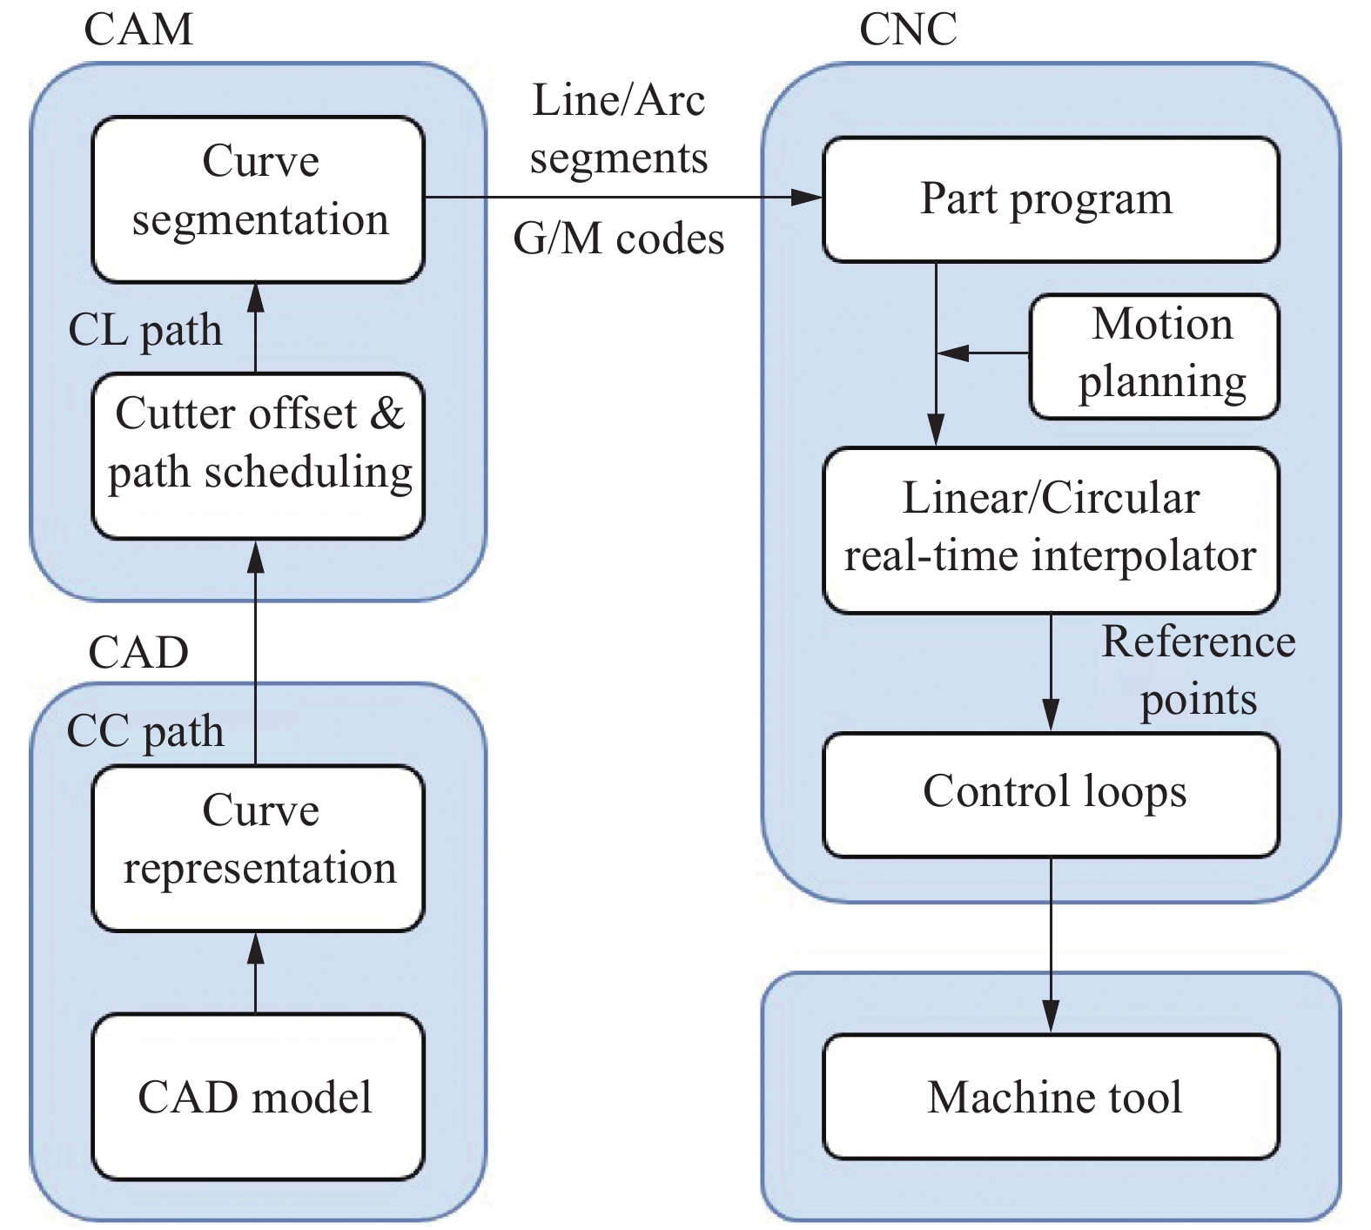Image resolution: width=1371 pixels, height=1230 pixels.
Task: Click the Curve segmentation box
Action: tap(259, 199)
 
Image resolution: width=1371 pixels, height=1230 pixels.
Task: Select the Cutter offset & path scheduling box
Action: tap(259, 455)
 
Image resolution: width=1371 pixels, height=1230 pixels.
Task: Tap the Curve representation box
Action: tap(259, 848)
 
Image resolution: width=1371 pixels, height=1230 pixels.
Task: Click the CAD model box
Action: tap(259, 1096)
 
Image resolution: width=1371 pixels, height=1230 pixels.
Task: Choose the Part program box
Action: tap(1051, 199)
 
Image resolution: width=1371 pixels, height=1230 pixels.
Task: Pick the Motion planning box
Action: tap(1154, 356)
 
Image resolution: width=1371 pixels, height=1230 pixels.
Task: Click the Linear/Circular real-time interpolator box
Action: tap(1051, 529)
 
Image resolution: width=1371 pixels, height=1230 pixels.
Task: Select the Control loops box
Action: tap(1051, 794)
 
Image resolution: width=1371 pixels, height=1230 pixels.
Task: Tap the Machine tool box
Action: tap(1051, 1096)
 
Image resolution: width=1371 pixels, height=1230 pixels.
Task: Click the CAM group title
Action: tap(138, 30)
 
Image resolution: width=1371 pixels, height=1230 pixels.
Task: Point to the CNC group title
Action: tap(908, 30)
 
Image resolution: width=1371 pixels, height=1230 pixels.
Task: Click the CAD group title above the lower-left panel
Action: tap(138, 652)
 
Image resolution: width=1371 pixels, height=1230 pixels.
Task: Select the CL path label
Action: tap(145, 331)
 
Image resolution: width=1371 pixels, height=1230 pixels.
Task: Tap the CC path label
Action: tap(145, 731)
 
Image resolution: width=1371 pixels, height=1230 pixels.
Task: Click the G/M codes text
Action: tap(619, 239)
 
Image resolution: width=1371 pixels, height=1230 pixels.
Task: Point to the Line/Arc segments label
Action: tap(619, 129)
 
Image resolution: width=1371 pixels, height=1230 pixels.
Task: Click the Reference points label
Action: tap(1198, 670)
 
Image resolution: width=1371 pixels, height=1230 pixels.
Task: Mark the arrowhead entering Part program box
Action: tap(809, 198)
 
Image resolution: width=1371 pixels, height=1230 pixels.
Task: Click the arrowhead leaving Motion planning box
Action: tap(954, 353)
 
